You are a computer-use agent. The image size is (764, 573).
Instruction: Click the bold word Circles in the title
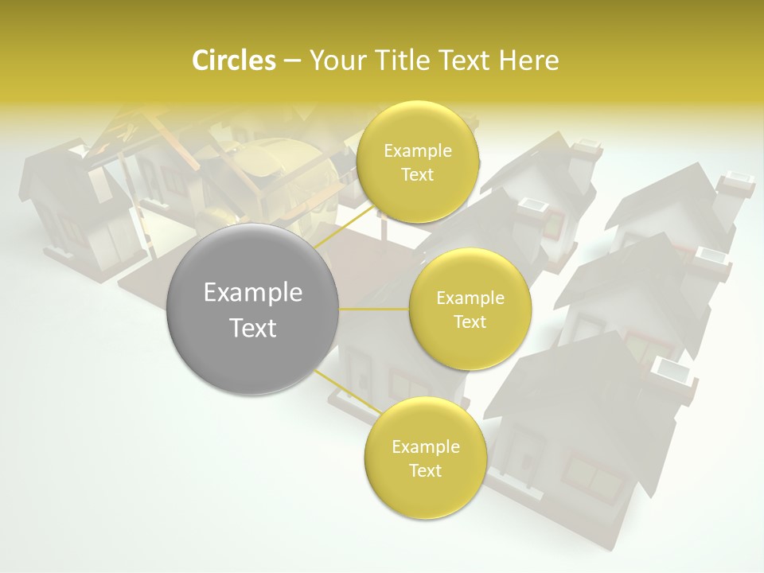233,60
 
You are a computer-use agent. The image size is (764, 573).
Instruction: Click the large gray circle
253,309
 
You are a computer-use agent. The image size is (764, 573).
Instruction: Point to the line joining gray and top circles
342,226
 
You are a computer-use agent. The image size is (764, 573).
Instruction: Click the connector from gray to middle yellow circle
374,309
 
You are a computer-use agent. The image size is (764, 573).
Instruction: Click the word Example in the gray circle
253,293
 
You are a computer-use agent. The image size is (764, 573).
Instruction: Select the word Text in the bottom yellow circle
425,470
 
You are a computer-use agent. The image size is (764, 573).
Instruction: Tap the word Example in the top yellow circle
418,151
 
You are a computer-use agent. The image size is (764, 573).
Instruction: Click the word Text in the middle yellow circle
470,322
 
